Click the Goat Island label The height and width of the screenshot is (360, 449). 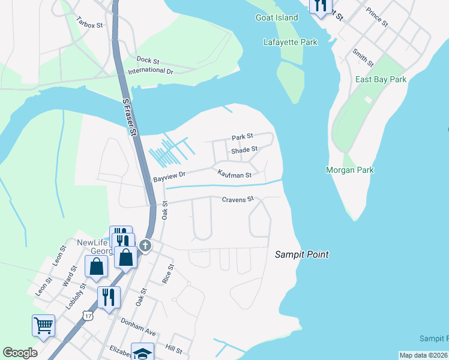pyautogui.click(x=277, y=17)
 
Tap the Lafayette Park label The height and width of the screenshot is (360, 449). pyautogui.click(x=289, y=42)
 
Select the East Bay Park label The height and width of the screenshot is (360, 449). pyautogui.click(x=381, y=79)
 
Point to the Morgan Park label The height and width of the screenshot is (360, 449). pyautogui.click(x=349, y=170)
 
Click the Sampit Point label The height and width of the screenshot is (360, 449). pyautogui.click(x=302, y=254)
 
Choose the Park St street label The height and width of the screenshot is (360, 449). pyautogui.click(x=243, y=137)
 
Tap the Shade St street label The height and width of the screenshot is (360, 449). pyautogui.click(x=244, y=149)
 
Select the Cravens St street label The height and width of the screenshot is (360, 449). pyautogui.click(x=238, y=199)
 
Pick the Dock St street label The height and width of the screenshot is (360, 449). pyautogui.click(x=148, y=60)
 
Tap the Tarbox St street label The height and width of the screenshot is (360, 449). pyautogui.click(x=90, y=22)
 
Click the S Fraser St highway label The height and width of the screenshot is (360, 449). pyautogui.click(x=127, y=116)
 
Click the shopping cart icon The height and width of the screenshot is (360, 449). pyautogui.click(x=44, y=326)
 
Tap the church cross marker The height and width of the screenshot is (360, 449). pyautogui.click(x=145, y=245)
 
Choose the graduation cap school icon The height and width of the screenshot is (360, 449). pyautogui.click(x=143, y=353)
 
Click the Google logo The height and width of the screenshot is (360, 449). pyautogui.click(x=20, y=353)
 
